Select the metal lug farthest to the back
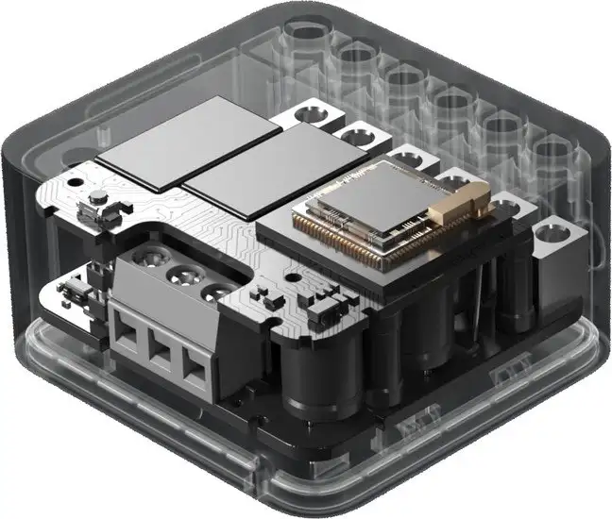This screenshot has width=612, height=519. coord(312,116)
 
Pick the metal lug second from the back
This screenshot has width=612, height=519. coord(354,138)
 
